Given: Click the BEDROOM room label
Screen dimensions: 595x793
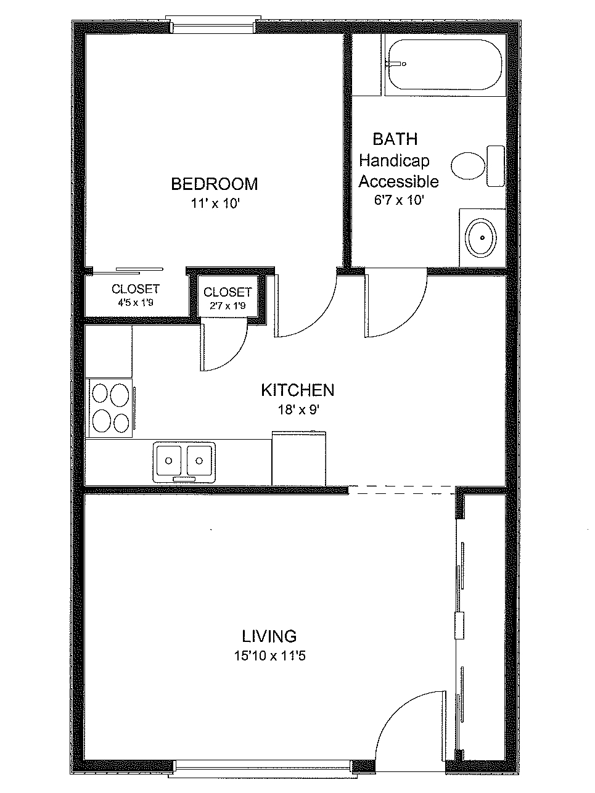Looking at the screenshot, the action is click(214, 184).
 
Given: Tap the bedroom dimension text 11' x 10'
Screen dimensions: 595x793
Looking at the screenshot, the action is click(215, 203).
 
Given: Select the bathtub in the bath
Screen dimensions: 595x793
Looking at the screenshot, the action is click(445, 65).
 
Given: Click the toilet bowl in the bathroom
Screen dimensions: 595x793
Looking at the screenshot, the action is click(468, 166).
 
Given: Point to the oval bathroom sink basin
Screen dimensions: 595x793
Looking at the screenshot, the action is click(481, 238).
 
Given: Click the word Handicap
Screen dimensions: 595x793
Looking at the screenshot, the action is click(394, 161).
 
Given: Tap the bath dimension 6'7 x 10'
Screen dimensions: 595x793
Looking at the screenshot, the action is click(399, 200).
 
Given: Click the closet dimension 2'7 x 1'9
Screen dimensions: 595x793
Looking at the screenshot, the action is click(228, 306).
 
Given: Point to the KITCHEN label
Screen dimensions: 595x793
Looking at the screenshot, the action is click(298, 390).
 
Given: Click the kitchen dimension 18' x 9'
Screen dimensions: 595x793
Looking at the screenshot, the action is click(298, 409).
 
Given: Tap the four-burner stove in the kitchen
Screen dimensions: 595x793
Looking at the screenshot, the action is click(110, 408).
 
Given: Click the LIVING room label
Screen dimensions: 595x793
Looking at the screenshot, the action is click(269, 636).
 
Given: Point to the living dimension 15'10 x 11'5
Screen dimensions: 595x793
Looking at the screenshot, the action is click(270, 655).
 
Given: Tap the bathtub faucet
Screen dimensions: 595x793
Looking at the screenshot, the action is click(395, 64).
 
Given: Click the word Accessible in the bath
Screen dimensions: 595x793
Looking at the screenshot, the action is click(398, 181).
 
